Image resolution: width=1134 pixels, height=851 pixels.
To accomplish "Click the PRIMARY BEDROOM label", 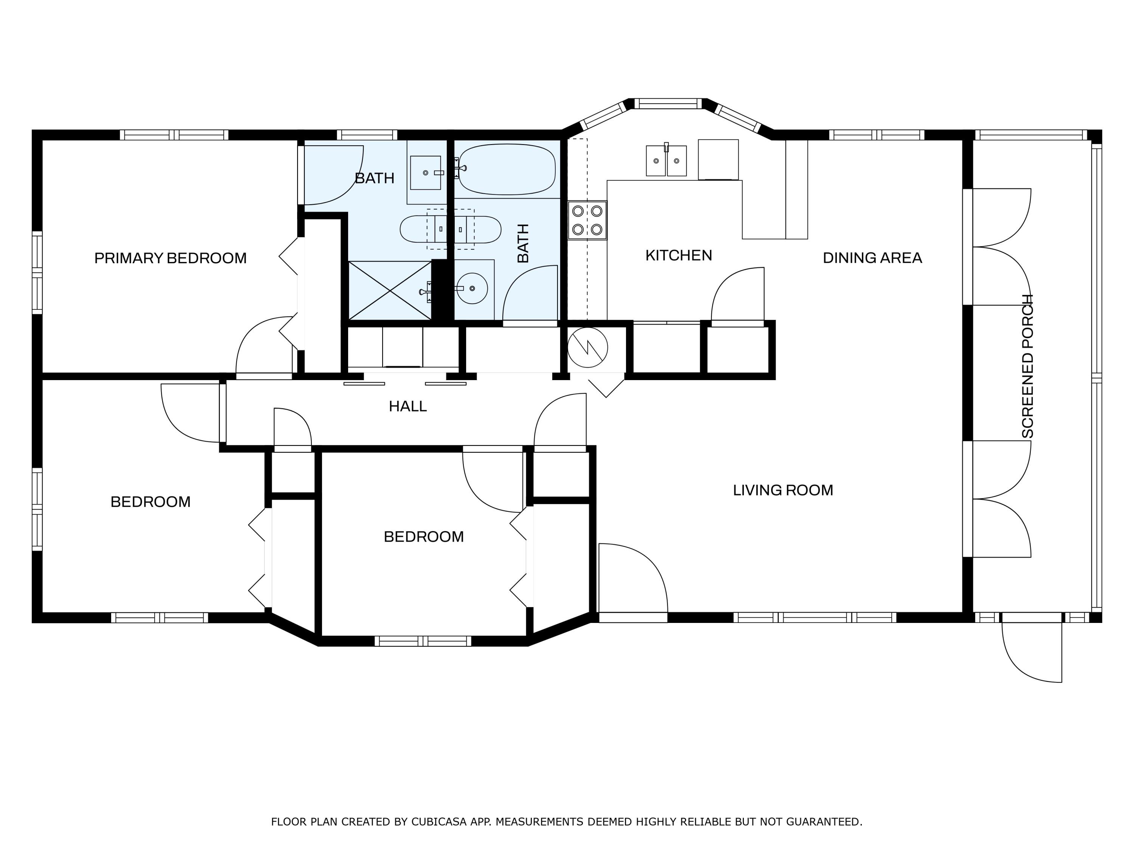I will point(170,258).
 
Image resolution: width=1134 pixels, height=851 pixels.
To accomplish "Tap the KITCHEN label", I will point(678,255).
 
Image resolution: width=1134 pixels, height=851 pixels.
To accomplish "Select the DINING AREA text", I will point(872,258).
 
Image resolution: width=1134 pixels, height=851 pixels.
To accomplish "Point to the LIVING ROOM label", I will point(782,491).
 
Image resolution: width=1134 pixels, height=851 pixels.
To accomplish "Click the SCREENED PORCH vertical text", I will point(1027,366).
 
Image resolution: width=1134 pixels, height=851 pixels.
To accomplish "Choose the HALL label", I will point(407,406).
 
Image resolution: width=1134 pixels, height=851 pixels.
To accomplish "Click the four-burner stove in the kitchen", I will point(587,220).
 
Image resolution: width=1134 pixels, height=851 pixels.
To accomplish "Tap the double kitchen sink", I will point(666,161).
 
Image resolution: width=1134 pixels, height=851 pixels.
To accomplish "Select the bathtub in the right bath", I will point(507,169).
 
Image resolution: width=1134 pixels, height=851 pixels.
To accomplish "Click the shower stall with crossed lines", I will point(390,290).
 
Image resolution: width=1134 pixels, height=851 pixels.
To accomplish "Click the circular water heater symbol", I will point(587,348).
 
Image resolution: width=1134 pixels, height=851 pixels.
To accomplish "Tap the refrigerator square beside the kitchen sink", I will point(718,160).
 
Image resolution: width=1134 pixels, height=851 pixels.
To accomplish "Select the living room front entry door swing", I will point(633,578).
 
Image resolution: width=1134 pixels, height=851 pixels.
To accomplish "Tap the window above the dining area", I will point(876,135).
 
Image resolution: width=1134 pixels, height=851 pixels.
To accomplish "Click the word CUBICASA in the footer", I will point(438,822).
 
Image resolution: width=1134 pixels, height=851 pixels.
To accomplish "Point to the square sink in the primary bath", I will point(426,173).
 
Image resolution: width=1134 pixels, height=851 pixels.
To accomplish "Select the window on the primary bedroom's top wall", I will point(174,135).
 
